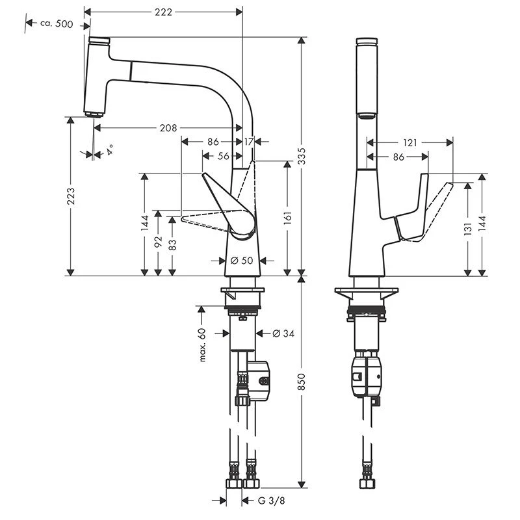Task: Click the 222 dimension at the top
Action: (164, 12)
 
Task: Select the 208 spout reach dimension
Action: (168, 128)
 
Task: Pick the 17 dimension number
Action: (248, 140)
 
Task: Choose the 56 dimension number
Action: (223, 156)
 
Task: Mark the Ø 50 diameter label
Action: (243, 260)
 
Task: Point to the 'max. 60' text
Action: (202, 345)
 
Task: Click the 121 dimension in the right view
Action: (410, 142)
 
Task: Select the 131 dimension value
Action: (467, 229)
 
